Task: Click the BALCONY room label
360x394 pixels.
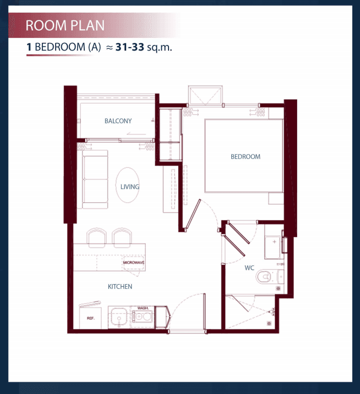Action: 118,121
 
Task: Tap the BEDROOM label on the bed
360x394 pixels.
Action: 245,156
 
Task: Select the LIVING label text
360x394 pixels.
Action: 130,187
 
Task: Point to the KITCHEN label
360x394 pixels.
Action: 120,287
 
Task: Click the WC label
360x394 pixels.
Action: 249,268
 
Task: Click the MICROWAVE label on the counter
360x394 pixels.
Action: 134,263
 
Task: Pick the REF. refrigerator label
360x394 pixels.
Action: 90,318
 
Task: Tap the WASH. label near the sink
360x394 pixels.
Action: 143,308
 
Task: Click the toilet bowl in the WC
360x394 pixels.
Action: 263,277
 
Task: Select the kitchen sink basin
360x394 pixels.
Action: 119,317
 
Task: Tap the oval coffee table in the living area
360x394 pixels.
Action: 128,185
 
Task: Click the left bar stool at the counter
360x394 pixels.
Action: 97,237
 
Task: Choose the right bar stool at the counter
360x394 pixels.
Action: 122,237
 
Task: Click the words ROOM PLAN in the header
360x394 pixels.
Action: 65,26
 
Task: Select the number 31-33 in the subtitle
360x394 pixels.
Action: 130,47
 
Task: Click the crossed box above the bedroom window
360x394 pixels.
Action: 205,96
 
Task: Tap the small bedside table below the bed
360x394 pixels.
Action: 276,198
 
